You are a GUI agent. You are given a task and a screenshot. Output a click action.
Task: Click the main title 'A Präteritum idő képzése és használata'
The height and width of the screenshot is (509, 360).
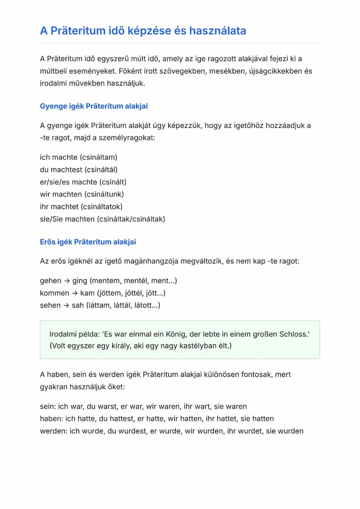point(143,31)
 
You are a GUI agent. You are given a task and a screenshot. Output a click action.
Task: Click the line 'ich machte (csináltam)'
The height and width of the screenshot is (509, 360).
point(79,157)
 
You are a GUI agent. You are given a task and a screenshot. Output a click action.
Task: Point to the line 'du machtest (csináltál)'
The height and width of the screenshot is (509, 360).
point(79,170)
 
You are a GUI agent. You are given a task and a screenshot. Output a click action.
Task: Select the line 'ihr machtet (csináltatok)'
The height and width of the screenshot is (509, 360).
point(81,207)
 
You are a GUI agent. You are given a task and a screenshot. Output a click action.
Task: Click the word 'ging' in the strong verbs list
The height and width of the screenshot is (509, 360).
point(80,281)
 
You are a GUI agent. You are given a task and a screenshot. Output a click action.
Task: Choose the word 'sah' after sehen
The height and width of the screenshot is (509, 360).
point(78,305)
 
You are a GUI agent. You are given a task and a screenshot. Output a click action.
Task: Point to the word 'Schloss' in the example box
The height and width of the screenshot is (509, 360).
point(293,334)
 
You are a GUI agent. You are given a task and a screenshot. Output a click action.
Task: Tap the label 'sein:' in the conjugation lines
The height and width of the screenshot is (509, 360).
point(47,406)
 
